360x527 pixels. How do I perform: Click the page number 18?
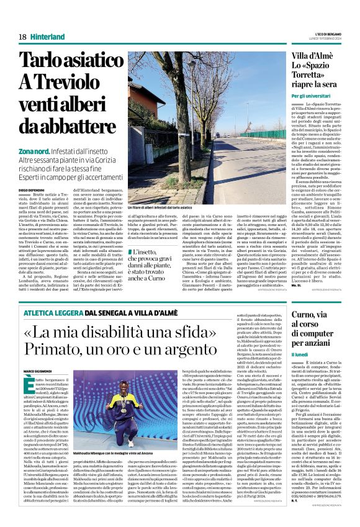[x=22, y=37]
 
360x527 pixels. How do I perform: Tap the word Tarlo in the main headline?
[x=46, y=61]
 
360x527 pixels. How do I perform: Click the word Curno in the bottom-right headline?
[x=307, y=314]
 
